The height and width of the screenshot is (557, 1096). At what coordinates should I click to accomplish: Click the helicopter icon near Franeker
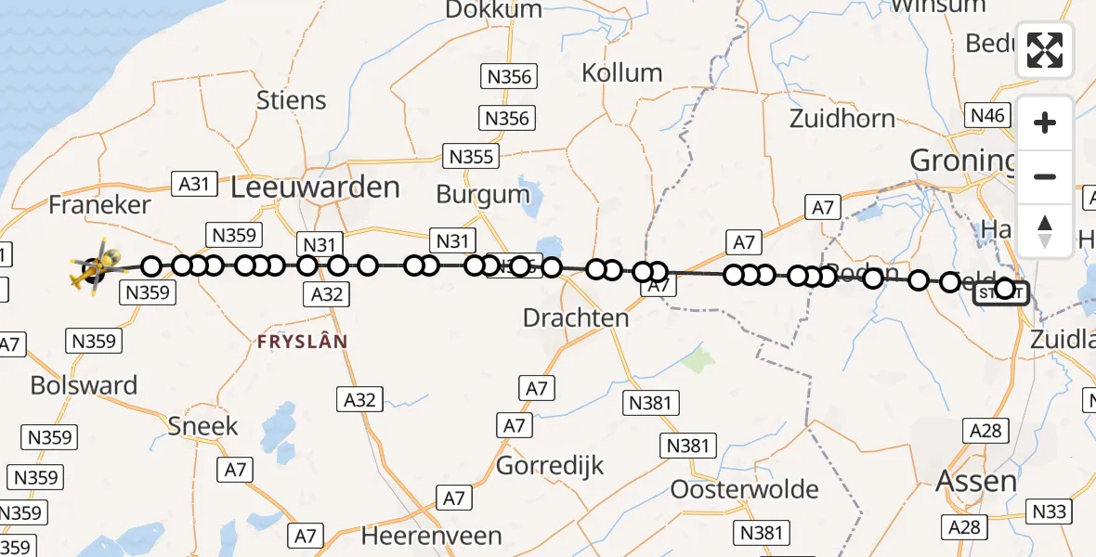(95, 269)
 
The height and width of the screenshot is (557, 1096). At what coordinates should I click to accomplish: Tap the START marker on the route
(1000, 293)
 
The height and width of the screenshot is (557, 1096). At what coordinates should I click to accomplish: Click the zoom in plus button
(1045, 123)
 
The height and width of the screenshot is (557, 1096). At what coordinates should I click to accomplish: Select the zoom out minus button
(1045, 176)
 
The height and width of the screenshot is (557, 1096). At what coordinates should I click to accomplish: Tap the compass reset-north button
(1045, 230)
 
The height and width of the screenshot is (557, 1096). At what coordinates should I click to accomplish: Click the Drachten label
(576, 317)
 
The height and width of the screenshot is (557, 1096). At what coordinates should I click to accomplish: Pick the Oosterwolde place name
(744, 489)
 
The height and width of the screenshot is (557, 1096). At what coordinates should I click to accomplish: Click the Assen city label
(976, 480)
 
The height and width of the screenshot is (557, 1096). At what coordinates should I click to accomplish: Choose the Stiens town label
(291, 100)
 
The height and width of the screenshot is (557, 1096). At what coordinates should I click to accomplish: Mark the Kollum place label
(621, 72)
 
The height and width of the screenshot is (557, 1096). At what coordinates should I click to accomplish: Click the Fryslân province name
(303, 342)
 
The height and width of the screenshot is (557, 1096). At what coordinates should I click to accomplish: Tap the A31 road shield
(194, 184)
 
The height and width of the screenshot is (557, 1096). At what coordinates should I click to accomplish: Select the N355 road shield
(470, 156)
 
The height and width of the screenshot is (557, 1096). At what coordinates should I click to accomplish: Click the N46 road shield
(986, 115)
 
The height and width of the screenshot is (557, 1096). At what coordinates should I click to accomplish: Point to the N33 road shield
(1050, 512)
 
